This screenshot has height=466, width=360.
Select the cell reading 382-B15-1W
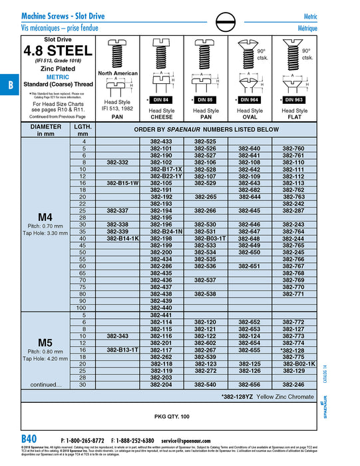(x=122, y=182)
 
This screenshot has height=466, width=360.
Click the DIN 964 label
(x=250, y=99)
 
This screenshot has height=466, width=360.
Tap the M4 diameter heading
(x=45, y=216)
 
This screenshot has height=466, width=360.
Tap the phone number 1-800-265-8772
(x=84, y=441)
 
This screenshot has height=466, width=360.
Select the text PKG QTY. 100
(x=172, y=416)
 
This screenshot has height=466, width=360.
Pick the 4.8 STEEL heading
(x=59, y=51)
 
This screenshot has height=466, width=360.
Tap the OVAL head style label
(x=250, y=117)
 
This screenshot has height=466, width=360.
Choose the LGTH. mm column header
(x=83, y=129)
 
